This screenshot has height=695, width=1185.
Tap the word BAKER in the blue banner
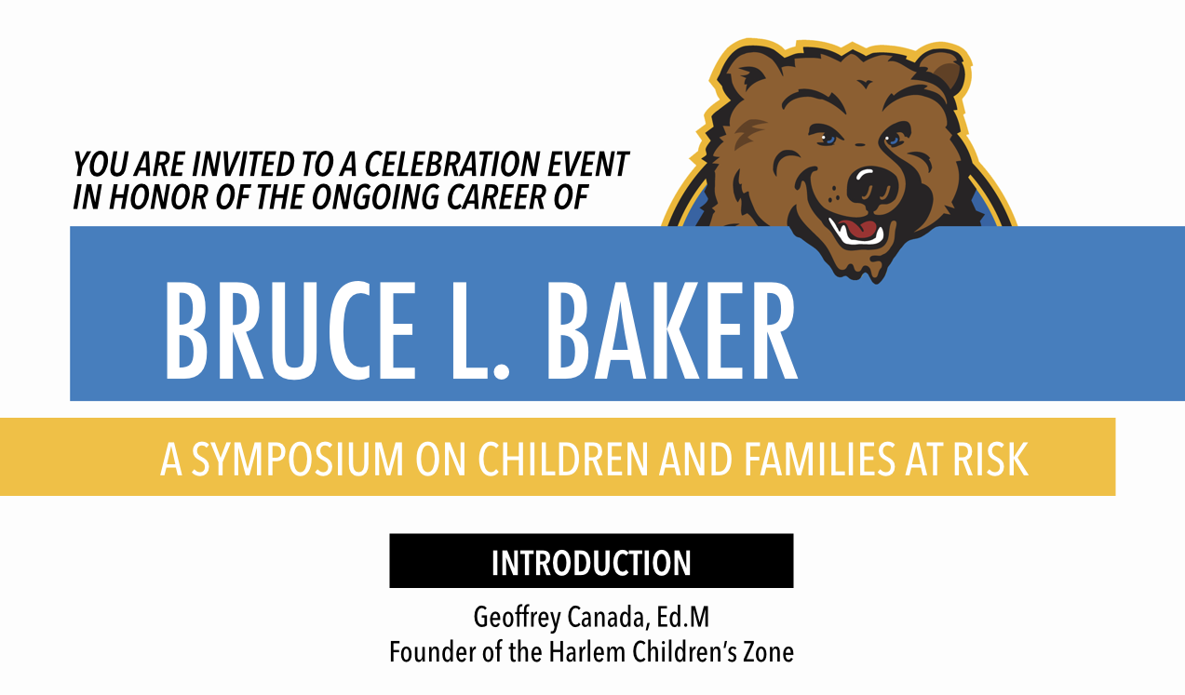pos(672,330)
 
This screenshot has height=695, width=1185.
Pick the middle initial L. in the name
pos(480,330)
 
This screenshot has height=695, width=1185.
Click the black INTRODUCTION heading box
pos(591,561)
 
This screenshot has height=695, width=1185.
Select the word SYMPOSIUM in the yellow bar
pos(297,459)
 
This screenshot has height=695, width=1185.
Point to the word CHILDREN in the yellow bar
pos(563,459)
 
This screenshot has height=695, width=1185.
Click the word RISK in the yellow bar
pos(990,459)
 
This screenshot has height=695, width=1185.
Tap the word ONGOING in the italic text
pos(375,197)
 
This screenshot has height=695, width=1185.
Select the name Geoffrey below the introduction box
pos(517,618)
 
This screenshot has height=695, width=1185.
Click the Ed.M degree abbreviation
pos(683,617)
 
